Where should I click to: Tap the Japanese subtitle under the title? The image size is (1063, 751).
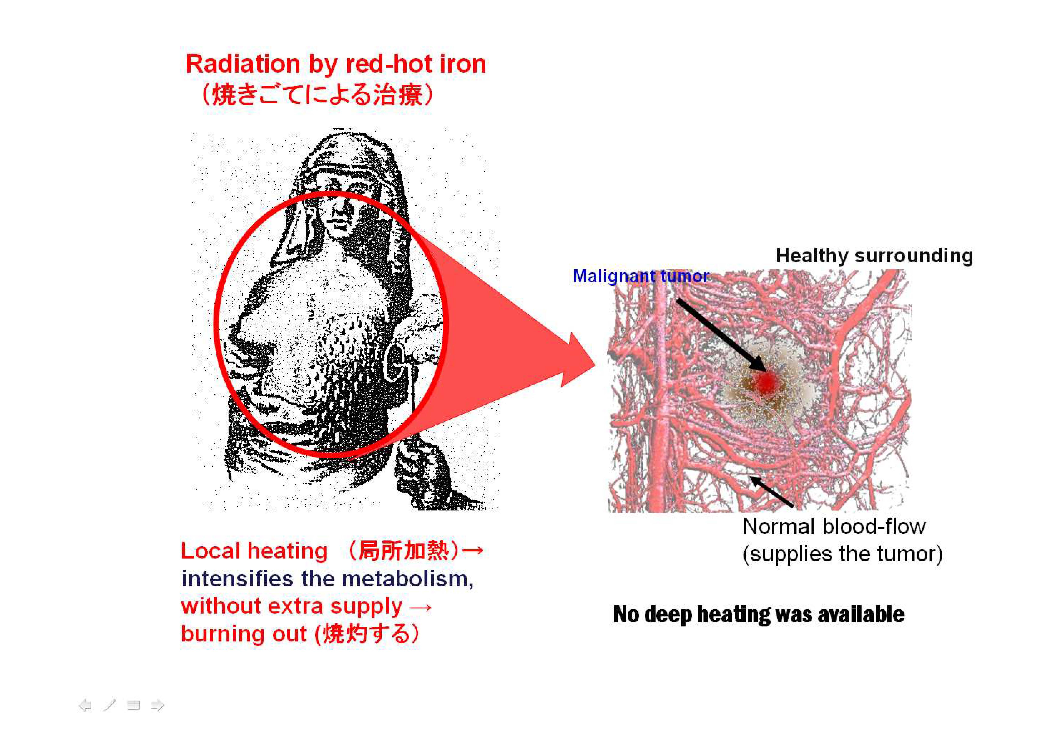tap(317, 95)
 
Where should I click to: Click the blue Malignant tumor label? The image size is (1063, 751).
tap(641, 276)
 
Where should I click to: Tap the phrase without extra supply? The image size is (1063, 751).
tap(292, 606)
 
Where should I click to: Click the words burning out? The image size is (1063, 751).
tap(244, 634)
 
